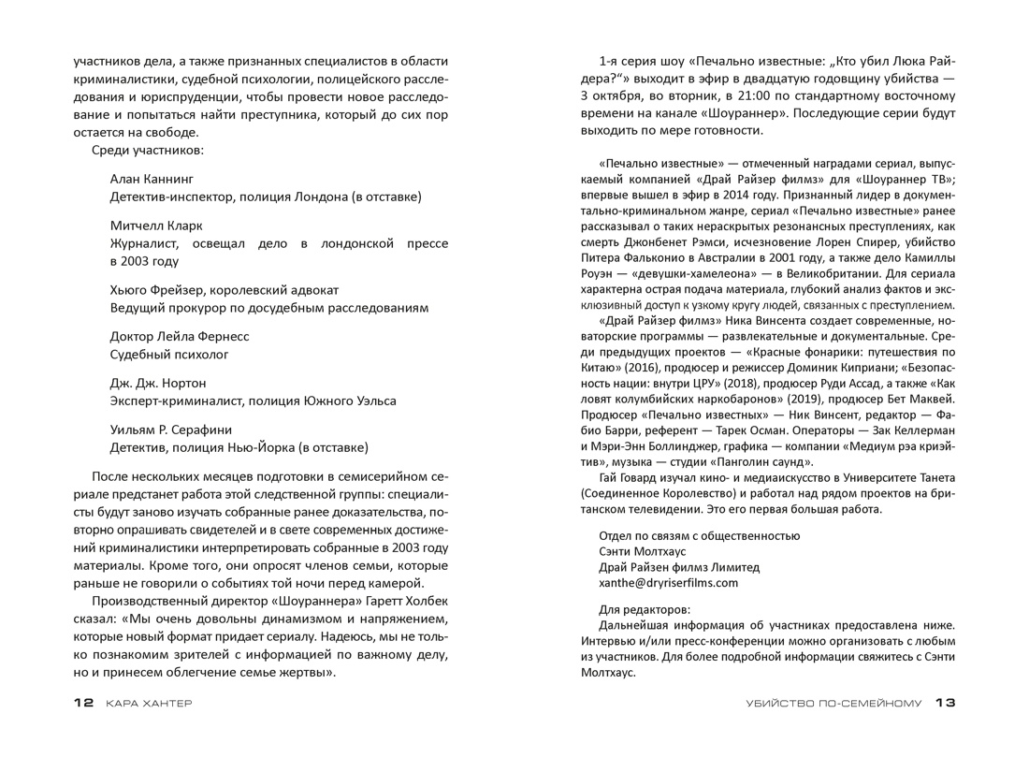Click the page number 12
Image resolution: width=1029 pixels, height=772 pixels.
(x=83, y=704)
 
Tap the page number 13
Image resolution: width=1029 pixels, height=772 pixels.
(x=945, y=704)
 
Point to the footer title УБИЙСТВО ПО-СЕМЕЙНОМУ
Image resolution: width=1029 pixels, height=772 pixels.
(x=819, y=704)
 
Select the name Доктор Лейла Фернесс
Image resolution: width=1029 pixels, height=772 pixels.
(x=180, y=336)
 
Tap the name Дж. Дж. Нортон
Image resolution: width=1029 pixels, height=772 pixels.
(x=158, y=384)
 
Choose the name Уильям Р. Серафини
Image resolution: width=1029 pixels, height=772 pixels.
(x=171, y=430)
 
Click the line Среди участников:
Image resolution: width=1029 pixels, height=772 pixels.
(x=148, y=151)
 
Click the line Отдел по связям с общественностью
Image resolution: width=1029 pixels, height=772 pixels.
(x=699, y=536)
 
